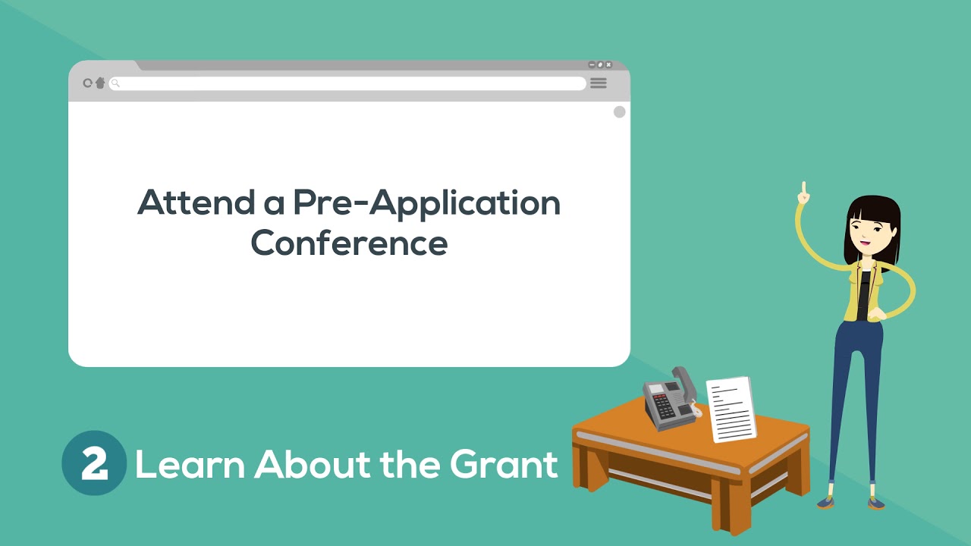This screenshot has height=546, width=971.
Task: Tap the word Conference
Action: [x=349, y=243]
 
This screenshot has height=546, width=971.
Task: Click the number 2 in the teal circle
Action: [x=94, y=463]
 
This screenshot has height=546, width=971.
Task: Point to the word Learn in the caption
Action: [x=190, y=463]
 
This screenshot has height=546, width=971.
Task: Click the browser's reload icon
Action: [x=87, y=83]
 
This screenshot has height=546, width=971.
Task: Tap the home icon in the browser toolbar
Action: [x=99, y=83]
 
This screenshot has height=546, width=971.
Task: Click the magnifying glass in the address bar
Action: [x=115, y=83]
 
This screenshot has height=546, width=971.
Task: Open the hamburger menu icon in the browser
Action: [x=599, y=83]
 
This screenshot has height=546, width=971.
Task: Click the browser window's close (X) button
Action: [x=608, y=65]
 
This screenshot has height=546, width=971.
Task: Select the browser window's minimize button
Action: [x=592, y=65]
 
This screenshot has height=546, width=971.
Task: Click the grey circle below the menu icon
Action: [x=620, y=112]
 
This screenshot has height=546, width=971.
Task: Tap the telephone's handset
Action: [x=684, y=384]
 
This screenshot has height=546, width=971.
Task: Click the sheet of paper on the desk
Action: [x=731, y=409]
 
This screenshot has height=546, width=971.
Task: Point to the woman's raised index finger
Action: [x=804, y=187]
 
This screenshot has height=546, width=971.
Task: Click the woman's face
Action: [x=871, y=228]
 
